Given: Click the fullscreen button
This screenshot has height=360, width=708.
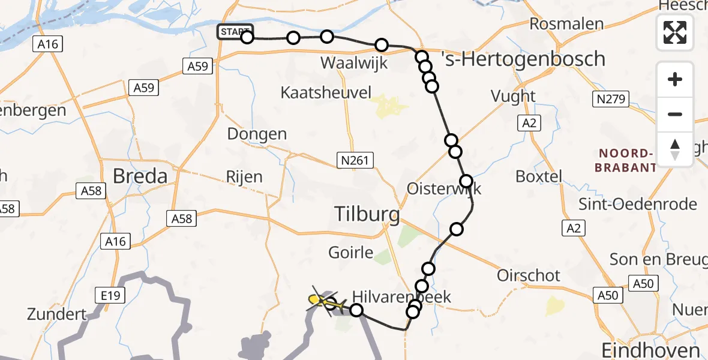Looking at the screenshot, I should (675, 32).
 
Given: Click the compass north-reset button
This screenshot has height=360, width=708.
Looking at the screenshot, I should (675, 149).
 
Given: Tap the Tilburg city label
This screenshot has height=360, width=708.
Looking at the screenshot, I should (367, 213).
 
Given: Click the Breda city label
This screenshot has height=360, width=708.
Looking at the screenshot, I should (140, 176).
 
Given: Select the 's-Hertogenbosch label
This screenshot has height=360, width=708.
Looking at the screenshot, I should (523, 59).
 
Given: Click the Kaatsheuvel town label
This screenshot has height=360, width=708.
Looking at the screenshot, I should (326, 92).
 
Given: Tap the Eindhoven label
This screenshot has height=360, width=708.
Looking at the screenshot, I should (650, 350).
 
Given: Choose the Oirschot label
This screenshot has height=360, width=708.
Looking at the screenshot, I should (529, 275).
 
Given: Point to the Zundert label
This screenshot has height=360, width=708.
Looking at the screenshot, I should (56, 314).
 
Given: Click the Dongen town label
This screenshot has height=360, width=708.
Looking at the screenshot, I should (257, 134).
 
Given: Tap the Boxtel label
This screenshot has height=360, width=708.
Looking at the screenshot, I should (539, 176).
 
